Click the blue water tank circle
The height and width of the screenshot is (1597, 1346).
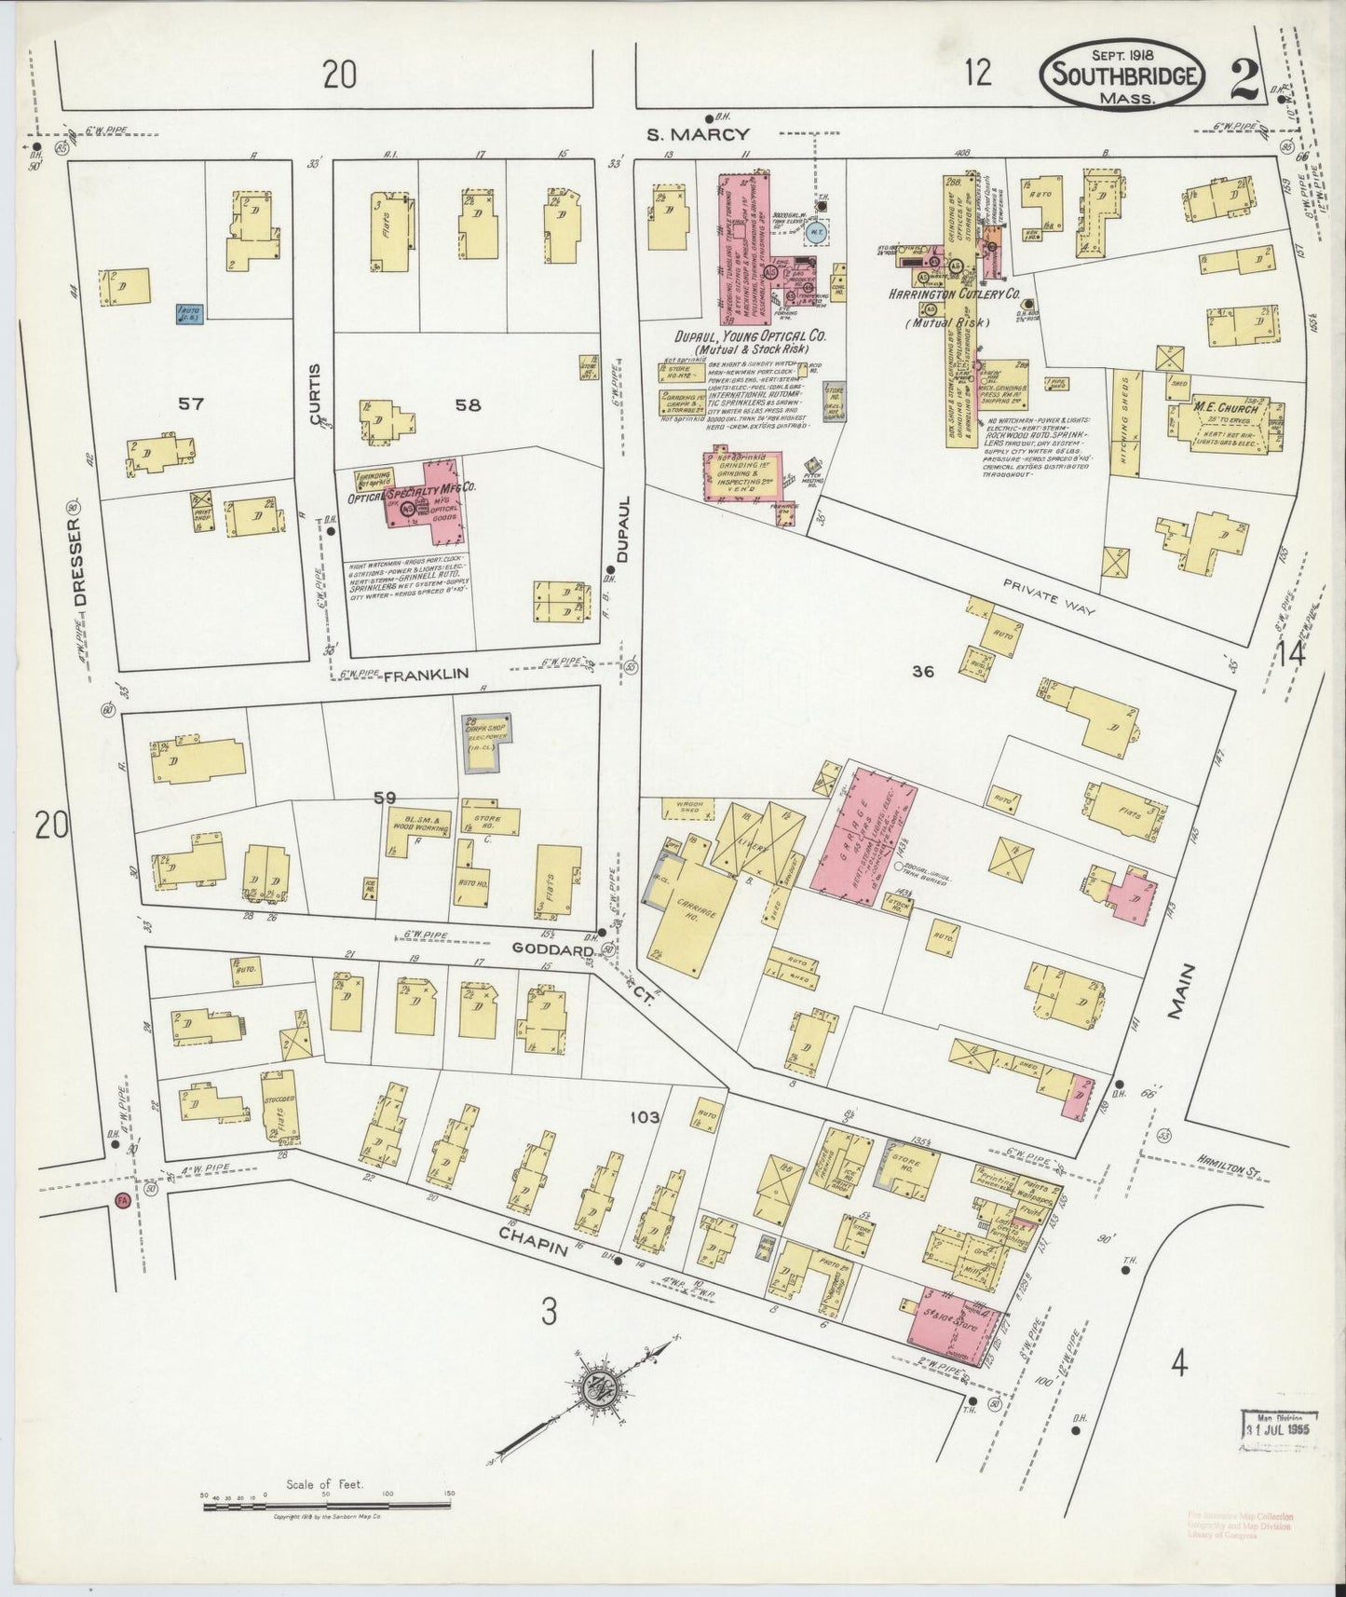[x=815, y=233]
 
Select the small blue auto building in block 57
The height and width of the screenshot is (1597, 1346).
[x=191, y=313]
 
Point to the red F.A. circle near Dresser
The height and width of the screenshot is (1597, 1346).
[x=121, y=1201]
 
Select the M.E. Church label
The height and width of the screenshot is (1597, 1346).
[x=1226, y=408]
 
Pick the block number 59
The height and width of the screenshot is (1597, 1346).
[x=385, y=797]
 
